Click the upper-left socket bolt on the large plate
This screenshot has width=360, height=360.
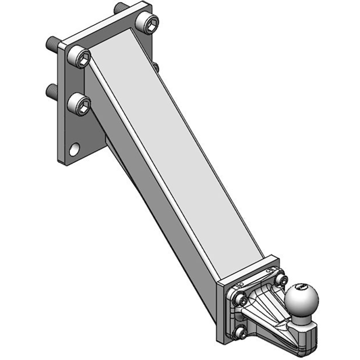click(x=81, y=57)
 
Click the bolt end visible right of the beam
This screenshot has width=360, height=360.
click(x=155, y=67)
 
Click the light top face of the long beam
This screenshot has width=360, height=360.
click(x=180, y=153)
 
